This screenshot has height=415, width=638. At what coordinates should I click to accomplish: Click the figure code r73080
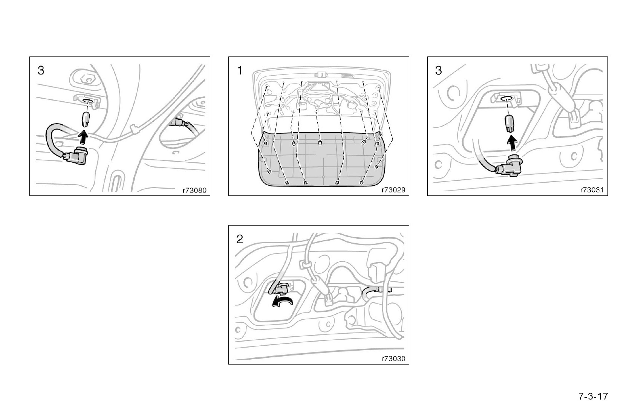pos(194,190)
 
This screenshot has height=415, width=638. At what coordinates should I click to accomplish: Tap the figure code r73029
pos(393,190)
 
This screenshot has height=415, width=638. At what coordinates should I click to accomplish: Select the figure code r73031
pos(592,190)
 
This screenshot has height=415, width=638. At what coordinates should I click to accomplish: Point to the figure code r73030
pos(393,359)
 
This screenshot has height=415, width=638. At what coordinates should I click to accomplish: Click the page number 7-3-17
pos(593,396)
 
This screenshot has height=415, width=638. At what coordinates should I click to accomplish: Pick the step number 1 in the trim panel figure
pos(240,70)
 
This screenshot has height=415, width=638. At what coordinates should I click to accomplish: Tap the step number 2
pos(240,239)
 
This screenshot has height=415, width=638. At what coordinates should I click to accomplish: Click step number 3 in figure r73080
pos(41,70)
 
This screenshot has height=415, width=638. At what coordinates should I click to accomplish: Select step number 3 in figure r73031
pos(439,70)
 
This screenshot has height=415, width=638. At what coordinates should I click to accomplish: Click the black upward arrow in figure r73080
pos(83,137)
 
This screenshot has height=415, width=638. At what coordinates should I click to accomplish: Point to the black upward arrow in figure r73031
pos(513,143)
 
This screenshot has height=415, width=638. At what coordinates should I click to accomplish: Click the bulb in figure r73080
pos(86,119)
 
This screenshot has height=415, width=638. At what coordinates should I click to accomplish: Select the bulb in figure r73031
pos(509,123)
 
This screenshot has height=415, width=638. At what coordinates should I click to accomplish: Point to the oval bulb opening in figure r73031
pos(507,98)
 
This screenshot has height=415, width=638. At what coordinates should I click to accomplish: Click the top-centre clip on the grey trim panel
pos(320,143)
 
